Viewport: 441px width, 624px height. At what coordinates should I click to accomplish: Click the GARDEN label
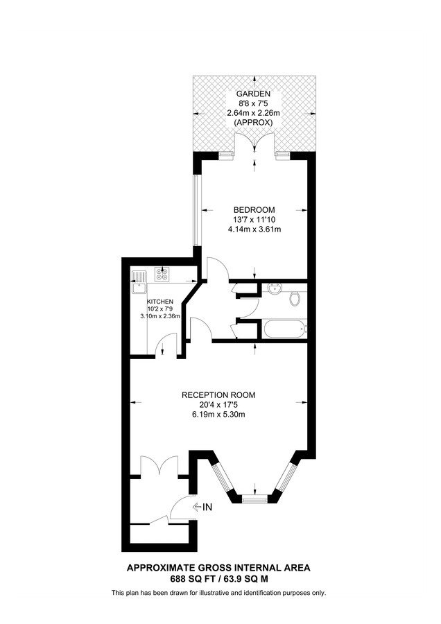[254, 94]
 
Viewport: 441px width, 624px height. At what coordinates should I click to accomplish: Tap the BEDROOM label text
[254, 210]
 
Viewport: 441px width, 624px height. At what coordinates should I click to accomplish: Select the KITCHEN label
[159, 302]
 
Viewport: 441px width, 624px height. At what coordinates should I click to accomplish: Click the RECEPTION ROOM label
[219, 395]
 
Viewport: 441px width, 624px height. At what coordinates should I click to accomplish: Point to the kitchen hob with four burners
[162, 276]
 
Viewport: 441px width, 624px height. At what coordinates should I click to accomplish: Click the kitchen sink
[139, 277]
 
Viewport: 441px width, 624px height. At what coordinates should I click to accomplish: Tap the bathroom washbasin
[275, 289]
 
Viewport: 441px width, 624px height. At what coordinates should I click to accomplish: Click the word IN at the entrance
[207, 508]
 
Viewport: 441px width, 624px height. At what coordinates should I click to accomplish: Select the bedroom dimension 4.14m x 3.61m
[254, 229]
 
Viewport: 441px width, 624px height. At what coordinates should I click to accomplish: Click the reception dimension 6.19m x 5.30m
[219, 415]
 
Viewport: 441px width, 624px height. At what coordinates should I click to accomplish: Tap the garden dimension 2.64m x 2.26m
[254, 113]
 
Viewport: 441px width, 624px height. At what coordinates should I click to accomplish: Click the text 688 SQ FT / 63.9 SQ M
[219, 578]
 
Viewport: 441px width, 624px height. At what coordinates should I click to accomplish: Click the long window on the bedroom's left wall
[196, 209]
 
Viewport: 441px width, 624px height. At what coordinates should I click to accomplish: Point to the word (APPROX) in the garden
[254, 122]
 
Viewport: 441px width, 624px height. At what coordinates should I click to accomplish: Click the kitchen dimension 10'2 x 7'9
[159, 309]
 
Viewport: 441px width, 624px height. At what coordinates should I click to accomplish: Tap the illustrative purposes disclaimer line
[219, 593]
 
